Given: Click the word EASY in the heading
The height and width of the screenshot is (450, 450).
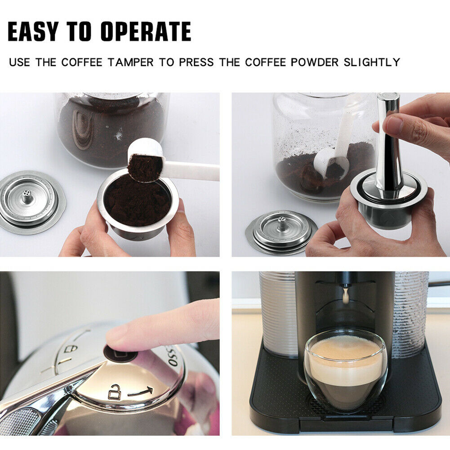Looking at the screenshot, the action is [33, 31].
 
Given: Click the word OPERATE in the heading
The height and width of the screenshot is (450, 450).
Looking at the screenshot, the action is [146, 31].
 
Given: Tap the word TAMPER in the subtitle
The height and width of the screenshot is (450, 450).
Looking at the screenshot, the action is [130, 62].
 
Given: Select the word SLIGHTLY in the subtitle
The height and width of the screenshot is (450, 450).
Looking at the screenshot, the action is [372, 62].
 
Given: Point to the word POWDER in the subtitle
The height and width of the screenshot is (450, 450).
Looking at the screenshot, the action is [315, 62].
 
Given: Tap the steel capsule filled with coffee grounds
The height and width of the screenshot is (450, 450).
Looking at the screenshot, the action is [138, 205].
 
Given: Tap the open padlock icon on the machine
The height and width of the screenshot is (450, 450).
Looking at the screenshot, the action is [114, 392].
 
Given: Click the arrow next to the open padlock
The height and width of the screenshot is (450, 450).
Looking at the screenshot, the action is [140, 391].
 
